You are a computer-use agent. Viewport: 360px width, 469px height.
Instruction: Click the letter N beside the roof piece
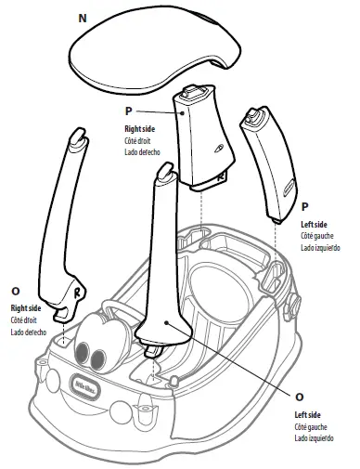[83, 19]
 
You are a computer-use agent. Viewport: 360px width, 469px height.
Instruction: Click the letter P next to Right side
[128, 111]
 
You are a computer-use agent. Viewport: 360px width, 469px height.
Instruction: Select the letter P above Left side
[304, 206]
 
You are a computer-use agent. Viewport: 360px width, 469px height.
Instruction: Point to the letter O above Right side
[15, 292]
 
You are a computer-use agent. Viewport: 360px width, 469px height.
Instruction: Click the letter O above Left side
[299, 397]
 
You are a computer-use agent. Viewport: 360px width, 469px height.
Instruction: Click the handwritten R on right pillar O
[77, 293]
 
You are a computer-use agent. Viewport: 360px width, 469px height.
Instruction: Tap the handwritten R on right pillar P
[220, 177]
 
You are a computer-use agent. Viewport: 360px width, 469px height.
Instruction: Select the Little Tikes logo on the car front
[86, 386]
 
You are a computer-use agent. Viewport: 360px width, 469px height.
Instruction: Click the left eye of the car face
[82, 353]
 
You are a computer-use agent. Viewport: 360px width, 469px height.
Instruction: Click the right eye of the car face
[97, 359]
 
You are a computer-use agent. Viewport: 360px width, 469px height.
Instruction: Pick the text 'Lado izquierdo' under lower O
[314, 438]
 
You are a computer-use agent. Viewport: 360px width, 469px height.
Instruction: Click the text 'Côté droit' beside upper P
[137, 141]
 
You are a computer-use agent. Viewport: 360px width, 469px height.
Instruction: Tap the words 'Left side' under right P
[314, 225]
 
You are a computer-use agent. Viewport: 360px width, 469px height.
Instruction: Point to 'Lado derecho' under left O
[29, 332]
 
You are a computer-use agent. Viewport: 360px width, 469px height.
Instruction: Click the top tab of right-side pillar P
[192, 92]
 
